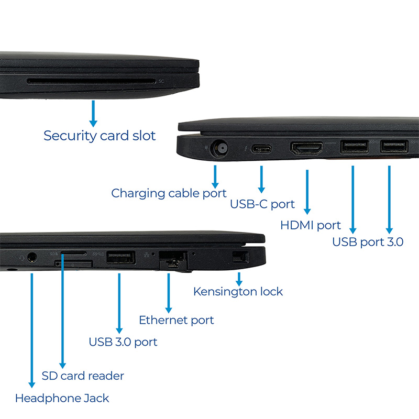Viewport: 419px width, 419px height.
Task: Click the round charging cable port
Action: (219, 148)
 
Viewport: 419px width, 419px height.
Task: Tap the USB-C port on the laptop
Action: (261, 149)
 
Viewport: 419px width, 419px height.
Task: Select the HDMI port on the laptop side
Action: (306, 148)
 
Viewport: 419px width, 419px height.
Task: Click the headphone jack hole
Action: (32, 257)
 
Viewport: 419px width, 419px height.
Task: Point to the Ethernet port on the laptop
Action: (173, 260)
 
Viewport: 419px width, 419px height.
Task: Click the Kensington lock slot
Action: (240, 257)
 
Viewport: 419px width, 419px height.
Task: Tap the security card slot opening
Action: (91, 81)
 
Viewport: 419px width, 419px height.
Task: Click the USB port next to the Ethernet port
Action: (121, 257)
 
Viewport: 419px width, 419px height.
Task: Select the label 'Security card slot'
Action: (100, 136)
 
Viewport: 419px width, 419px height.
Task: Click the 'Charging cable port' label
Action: (169, 193)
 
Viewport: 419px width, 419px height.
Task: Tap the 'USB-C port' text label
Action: (262, 204)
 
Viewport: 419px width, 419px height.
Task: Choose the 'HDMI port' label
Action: (310, 225)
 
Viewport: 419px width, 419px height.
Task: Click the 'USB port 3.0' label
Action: (368, 242)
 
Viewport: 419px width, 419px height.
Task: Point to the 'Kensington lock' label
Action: (238, 292)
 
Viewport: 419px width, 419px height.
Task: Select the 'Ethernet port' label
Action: (177, 320)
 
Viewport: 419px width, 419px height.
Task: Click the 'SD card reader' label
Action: (83, 376)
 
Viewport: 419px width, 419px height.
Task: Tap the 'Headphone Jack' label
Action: (62, 398)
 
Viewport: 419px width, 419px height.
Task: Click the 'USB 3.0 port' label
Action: (123, 342)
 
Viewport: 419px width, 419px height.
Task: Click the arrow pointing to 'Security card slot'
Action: (93, 114)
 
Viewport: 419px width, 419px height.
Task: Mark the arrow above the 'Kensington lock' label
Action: (239, 279)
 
